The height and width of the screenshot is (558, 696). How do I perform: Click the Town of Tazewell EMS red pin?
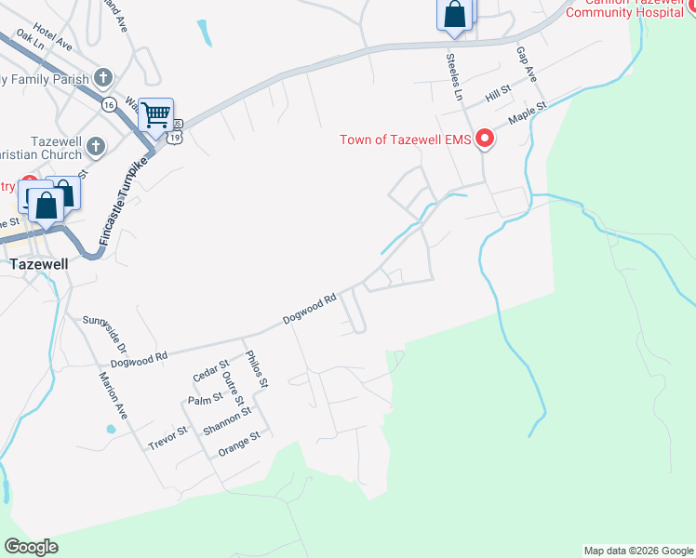click(484, 140)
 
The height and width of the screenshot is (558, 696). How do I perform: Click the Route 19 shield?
click(175, 137)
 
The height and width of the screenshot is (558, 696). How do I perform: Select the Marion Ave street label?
click(113, 395)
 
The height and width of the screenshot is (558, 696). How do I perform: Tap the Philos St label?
click(257, 368)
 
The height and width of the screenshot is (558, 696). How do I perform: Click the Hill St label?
click(500, 93)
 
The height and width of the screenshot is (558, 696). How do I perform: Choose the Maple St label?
click(526, 113)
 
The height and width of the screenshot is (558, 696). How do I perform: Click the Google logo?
click(31, 547)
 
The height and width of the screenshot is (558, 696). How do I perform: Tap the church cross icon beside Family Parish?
click(102, 78)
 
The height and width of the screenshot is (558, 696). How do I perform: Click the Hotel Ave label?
click(52, 37)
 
